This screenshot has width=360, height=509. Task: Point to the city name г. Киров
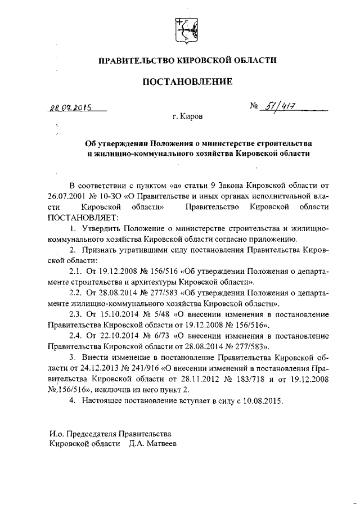click(189, 117)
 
